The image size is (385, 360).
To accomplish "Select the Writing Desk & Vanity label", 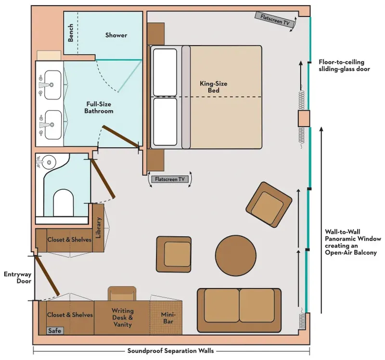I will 122,318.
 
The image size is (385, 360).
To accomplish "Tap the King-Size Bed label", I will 214,87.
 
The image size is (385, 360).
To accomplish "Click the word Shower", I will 116,35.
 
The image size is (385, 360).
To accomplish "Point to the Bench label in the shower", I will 71,33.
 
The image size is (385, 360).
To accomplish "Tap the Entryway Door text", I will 17,278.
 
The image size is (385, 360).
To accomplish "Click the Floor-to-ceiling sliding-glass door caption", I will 341,65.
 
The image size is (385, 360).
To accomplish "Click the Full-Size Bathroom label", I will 100,107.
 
